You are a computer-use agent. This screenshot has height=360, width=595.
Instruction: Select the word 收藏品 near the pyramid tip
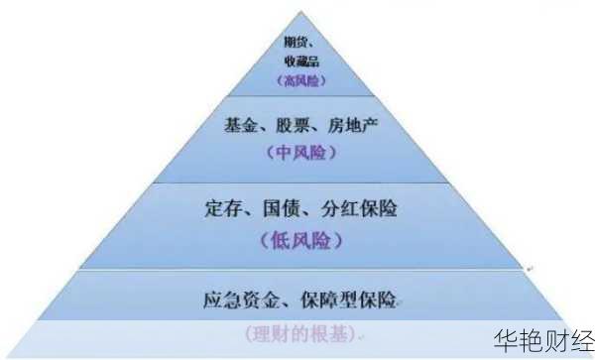click(299, 61)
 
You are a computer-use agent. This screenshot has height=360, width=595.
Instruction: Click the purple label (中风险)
click(301, 154)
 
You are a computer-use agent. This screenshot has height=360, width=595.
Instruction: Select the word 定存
click(225, 210)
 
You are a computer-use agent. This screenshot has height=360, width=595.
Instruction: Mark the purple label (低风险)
click(300, 240)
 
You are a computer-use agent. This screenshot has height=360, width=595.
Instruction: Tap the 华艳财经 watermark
click(543, 335)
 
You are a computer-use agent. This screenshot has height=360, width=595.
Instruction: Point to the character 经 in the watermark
click(580, 335)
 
